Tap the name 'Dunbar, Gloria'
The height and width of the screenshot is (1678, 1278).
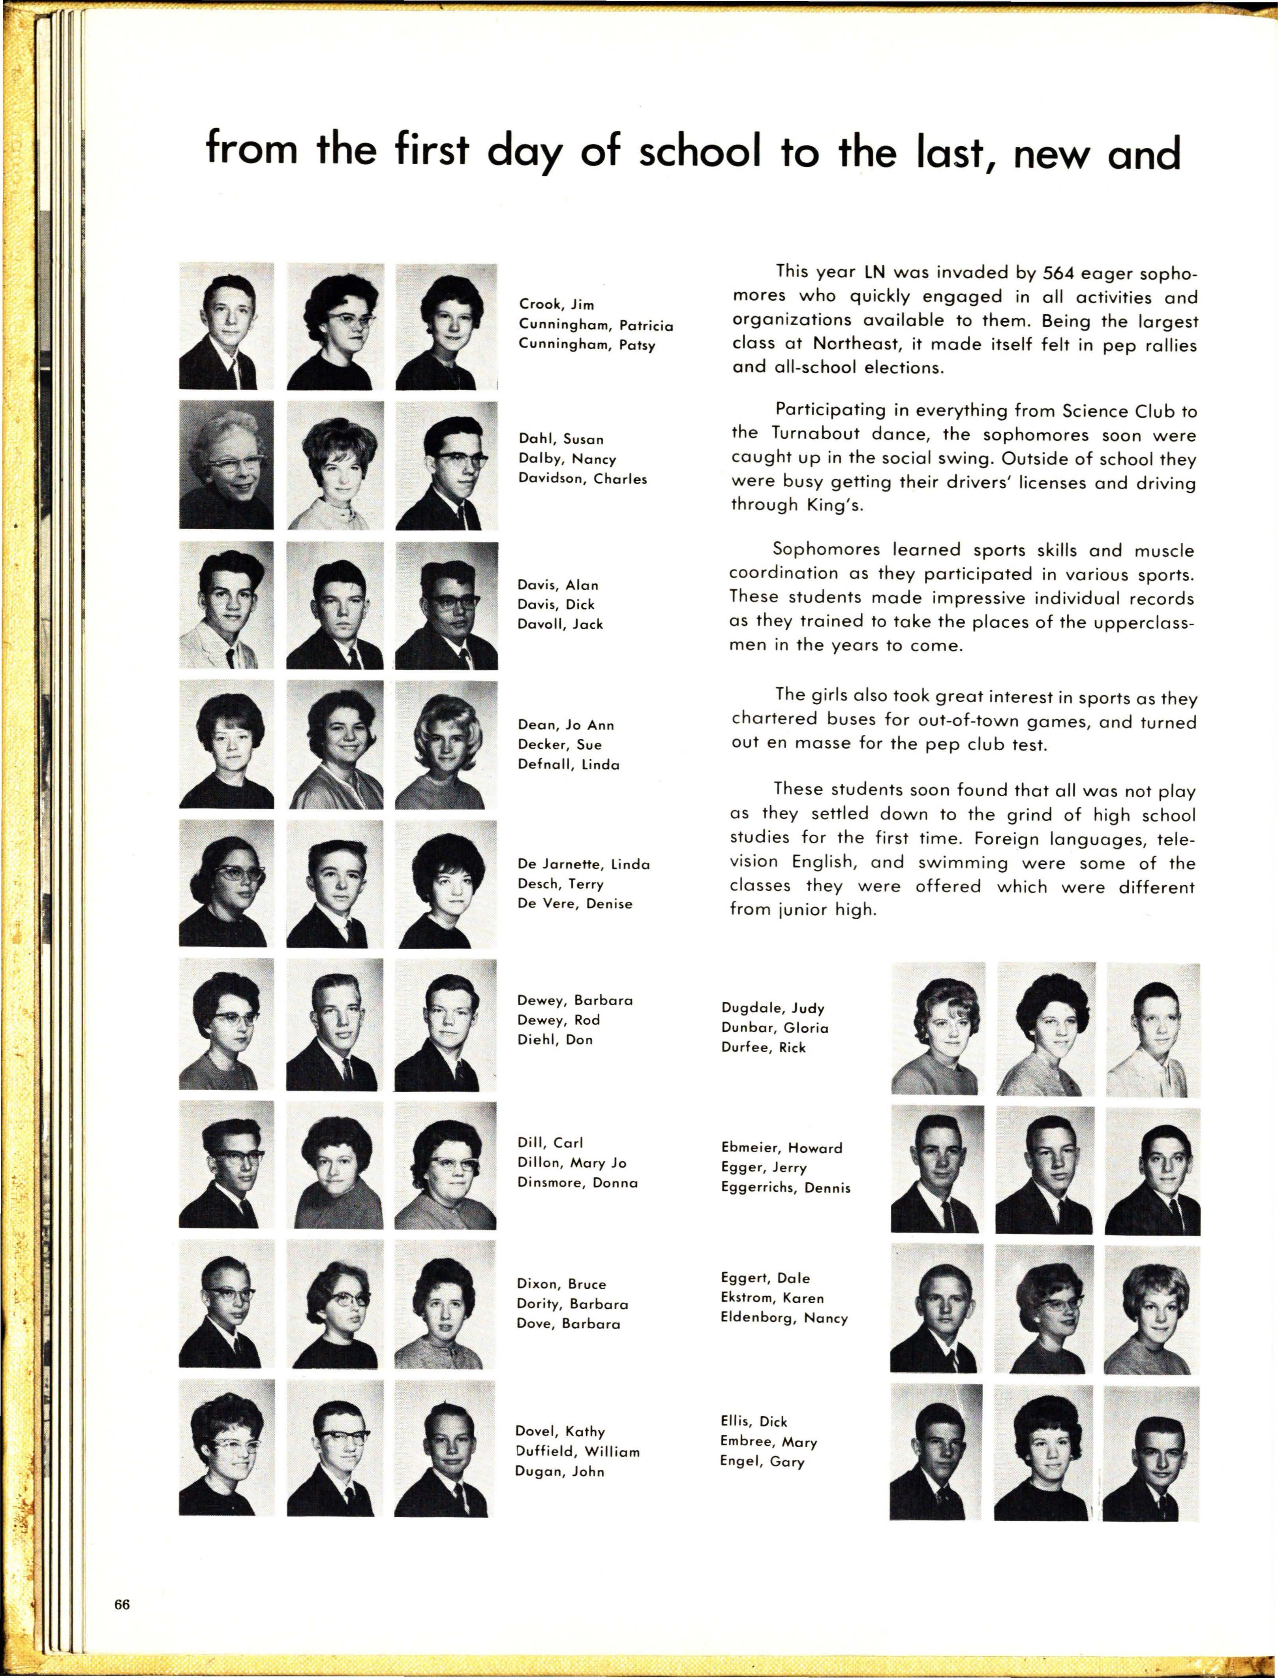point(774,1027)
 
